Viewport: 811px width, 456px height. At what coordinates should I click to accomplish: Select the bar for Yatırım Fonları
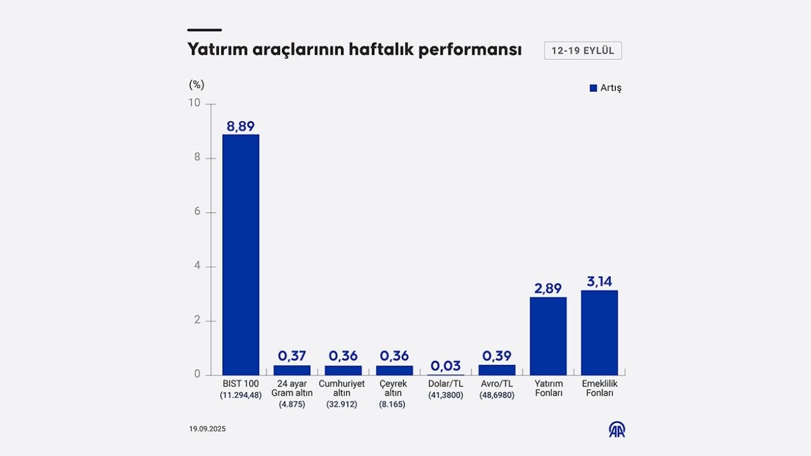click(548, 336)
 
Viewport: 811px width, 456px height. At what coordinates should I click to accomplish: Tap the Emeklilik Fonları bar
click(599, 332)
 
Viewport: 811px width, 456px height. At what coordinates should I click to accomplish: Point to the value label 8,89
click(240, 126)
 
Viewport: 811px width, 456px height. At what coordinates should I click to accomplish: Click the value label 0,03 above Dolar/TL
click(445, 366)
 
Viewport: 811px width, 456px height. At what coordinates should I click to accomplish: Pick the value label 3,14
click(599, 282)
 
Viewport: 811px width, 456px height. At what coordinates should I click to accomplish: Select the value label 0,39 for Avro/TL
click(497, 356)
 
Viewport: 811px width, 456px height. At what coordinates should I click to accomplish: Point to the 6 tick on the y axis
click(197, 212)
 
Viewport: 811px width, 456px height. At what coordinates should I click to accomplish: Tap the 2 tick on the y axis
click(197, 320)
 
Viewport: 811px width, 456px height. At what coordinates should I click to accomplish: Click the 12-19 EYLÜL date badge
click(582, 51)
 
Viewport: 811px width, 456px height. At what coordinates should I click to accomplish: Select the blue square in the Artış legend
click(593, 88)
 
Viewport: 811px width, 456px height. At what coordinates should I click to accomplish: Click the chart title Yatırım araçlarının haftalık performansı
click(354, 50)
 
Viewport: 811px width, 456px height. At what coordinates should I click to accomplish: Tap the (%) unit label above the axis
click(196, 85)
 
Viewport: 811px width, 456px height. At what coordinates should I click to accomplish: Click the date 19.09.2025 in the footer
click(207, 429)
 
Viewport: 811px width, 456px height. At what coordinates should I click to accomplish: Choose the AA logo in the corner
click(616, 429)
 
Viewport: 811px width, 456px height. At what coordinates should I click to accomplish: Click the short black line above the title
click(205, 30)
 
